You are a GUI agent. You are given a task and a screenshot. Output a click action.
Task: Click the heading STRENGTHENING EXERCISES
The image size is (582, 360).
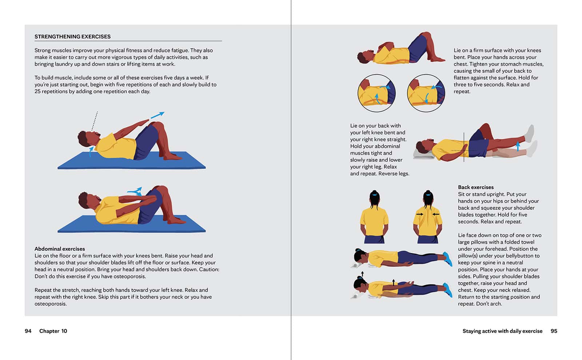click(72, 37)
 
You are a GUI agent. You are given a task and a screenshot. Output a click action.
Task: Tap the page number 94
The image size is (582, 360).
click(28, 331)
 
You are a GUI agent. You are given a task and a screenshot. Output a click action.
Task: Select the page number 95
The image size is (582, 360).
click(554, 331)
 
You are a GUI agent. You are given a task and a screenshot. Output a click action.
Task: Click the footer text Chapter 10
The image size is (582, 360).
click(53, 331)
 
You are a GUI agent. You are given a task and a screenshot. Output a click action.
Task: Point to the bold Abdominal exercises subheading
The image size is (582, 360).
click(60, 249)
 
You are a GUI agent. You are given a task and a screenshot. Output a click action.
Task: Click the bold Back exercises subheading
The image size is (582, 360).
click(476, 187)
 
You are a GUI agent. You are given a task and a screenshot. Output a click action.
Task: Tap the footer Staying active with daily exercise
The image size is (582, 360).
click(502, 331)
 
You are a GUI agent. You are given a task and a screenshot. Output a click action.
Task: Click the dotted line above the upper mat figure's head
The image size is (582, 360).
click(95, 121)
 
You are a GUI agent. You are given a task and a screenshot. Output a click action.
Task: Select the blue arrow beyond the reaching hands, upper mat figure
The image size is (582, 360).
click(158, 115)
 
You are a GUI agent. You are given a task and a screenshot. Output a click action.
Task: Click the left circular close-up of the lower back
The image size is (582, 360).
click(376, 93)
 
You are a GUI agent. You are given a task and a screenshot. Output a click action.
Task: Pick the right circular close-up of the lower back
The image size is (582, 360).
click(426, 93)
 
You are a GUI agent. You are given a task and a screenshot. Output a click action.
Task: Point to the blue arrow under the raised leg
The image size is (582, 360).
click(518, 146)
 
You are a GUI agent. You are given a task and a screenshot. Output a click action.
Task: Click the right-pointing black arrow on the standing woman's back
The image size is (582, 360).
click(420, 214)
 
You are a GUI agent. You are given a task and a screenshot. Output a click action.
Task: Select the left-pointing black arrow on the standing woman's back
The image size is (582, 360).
click(436, 214)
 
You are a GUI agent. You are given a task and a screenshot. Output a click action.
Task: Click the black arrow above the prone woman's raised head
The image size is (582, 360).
click(362, 274)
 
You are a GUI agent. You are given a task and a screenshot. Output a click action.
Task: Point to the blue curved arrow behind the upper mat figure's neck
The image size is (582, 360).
click(91, 152)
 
